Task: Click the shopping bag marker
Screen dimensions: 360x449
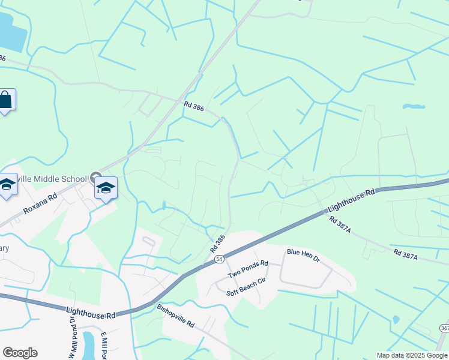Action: tap(5, 100)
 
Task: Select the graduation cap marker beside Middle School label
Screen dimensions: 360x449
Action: tap(106, 188)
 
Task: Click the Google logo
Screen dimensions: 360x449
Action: tap(20, 353)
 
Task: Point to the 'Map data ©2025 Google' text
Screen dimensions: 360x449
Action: tap(411, 355)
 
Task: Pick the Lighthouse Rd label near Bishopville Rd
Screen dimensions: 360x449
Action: tap(91, 312)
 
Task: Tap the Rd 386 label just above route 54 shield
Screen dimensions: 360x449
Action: tap(217, 242)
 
